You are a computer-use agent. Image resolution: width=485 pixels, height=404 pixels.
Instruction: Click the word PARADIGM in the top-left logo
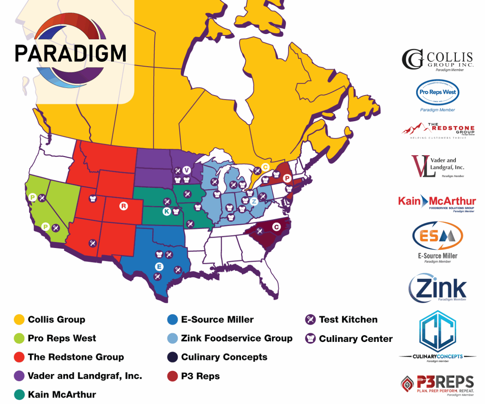coord(70,53)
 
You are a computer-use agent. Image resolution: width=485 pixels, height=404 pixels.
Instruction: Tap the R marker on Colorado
coord(124,206)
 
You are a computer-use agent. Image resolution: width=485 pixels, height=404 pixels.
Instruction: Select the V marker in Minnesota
coord(186,170)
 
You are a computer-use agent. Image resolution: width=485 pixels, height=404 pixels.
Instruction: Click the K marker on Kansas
coord(167,211)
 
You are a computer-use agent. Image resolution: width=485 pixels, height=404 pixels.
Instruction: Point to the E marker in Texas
coord(159,267)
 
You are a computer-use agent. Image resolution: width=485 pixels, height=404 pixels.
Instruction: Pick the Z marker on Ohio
coord(254,201)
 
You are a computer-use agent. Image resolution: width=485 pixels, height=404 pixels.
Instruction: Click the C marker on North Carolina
coord(277,227)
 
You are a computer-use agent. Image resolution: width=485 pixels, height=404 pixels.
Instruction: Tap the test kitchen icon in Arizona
coord(93,243)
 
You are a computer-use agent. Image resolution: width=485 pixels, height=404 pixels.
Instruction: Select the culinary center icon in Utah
coord(93,198)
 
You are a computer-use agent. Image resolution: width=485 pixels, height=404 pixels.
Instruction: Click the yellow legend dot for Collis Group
coord(19,320)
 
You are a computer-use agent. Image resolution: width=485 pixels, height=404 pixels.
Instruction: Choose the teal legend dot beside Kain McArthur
coord(19,395)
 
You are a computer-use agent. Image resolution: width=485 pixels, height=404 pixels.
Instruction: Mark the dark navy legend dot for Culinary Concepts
coord(172,357)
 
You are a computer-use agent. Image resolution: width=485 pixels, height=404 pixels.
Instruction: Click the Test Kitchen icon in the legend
coord(310,320)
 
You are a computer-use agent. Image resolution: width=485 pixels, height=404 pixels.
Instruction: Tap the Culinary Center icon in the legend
coord(310,338)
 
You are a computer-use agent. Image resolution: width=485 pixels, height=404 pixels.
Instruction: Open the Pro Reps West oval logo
coord(438,92)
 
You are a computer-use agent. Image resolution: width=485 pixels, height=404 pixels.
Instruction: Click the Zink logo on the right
coord(438,288)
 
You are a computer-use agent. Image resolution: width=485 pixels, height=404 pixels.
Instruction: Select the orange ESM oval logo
coord(438,236)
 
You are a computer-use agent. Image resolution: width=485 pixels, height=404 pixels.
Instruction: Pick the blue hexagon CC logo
coord(438,331)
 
